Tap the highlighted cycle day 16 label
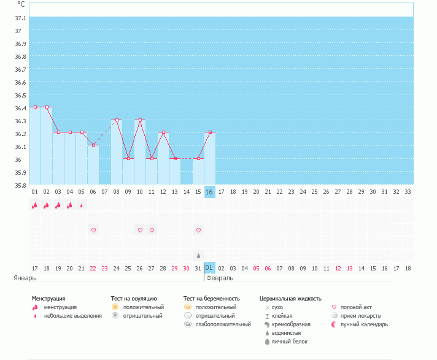click(x=209, y=192)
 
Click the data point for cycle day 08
click(x=117, y=120)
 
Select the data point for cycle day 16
click(x=210, y=132)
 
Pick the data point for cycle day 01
click(x=35, y=107)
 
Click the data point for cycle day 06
click(x=93, y=145)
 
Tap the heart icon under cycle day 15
click(x=198, y=230)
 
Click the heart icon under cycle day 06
click(x=93, y=230)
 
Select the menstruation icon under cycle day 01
click(x=35, y=205)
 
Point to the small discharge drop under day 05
click(x=82, y=205)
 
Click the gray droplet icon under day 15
click(x=198, y=255)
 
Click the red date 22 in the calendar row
click(x=93, y=268)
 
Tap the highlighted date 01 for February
click(x=209, y=268)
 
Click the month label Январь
click(x=25, y=278)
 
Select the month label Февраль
click(x=220, y=278)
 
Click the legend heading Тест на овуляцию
click(x=134, y=299)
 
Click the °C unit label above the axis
click(x=21, y=4)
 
